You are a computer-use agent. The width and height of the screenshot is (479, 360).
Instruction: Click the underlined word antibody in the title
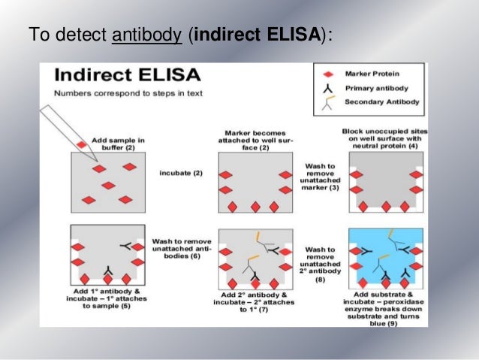146,35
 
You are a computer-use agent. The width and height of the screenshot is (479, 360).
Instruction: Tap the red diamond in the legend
327,74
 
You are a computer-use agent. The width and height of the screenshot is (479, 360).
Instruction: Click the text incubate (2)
181,174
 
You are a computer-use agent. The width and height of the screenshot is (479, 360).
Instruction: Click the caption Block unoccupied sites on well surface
384,138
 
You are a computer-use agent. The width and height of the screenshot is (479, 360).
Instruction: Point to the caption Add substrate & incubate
383,303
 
